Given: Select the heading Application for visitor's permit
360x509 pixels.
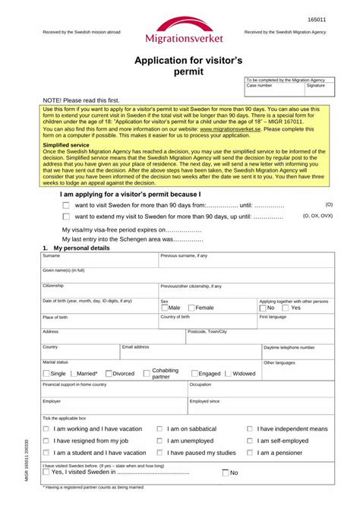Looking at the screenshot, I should tap(179, 65).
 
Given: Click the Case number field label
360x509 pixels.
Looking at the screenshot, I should tap(259, 86).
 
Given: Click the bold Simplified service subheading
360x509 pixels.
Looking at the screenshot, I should tap(66, 144).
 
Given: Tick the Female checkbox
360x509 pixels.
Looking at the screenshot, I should tap(191, 308).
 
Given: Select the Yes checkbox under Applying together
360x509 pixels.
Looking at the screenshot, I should tap(286, 308).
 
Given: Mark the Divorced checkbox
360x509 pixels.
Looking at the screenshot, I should tap(109, 374).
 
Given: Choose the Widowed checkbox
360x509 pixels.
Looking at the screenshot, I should tap(228, 374).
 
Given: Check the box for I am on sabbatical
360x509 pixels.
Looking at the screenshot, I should tap(159, 429).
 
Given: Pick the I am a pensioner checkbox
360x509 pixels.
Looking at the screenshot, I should tap(250, 453).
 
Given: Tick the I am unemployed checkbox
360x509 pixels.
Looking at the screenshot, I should tap(159, 441).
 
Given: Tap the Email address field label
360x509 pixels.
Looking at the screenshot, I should tap(136, 346).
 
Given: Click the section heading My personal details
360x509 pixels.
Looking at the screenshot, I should tap(81, 248).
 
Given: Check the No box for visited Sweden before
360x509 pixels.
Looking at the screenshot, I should tap(226, 473).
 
